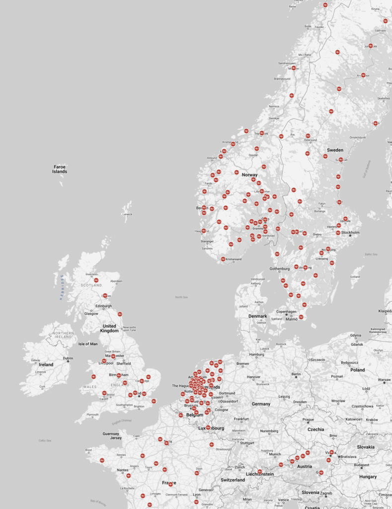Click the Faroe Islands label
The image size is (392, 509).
[60, 169]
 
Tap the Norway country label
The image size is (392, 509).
[249, 175]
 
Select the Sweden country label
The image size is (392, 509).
[335, 150]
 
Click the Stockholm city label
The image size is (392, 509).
[350, 232]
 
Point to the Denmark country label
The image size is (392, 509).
[257, 316]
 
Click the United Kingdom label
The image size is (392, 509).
[109, 328]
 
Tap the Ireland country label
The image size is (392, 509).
[46, 364]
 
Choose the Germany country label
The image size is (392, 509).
[261, 404]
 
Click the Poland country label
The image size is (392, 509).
[357, 370]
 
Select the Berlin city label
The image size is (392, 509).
[296, 374]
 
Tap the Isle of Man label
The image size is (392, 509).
[88, 344]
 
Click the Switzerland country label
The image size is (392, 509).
[233, 480]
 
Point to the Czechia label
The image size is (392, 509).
[315, 429]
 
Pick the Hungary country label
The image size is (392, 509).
[368, 477]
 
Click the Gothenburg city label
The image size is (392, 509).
[279, 269]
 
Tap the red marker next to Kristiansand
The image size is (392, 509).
[223, 259]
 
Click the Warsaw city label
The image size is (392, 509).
[384, 380]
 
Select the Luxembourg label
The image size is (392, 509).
[212, 428]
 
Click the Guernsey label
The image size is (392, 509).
[111, 433]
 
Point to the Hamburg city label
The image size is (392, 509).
[256, 354]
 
